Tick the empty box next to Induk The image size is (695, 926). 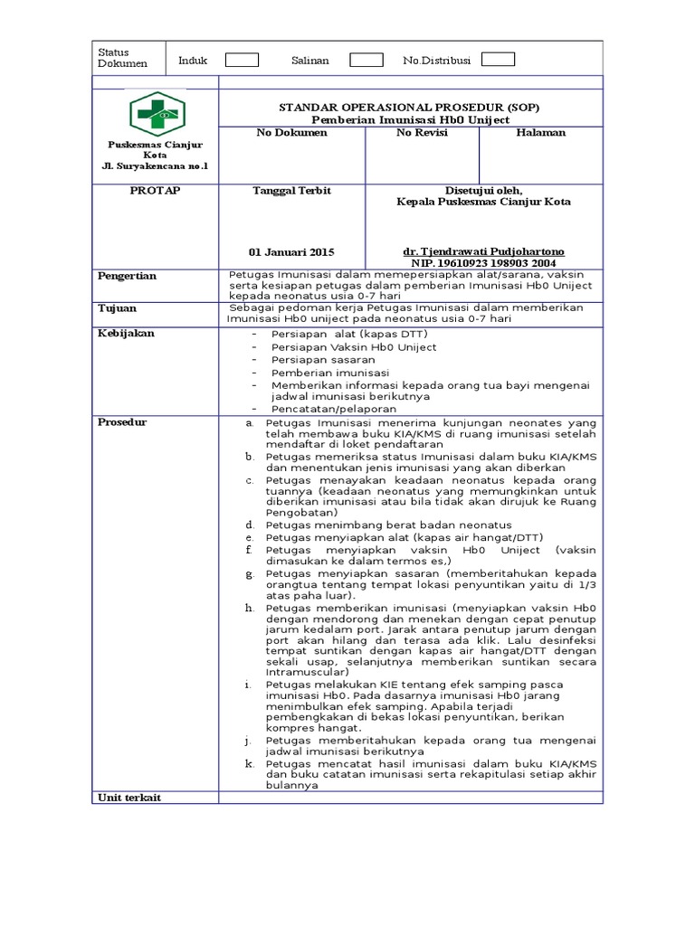242,61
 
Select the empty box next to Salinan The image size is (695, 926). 366,61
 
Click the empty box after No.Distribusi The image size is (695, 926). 498,60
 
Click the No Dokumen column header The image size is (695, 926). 291,133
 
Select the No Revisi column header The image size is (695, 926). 422,133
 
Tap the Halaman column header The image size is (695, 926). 540,133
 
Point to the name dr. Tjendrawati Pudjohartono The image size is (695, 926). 483,250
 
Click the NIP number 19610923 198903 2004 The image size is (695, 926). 483,262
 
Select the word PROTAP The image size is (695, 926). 155,191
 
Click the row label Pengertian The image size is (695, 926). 127,276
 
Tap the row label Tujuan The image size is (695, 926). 117,308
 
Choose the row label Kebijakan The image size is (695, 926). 126,333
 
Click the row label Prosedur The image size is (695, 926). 122,422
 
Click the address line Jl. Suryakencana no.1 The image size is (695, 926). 155,166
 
